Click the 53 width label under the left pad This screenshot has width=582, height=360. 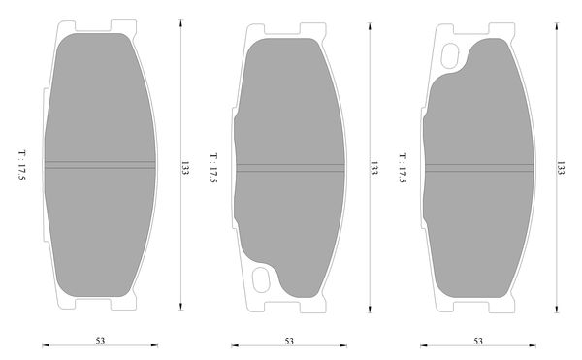point(100,341)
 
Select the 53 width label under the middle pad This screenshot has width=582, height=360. point(289,341)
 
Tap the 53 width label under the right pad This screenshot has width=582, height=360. point(478,341)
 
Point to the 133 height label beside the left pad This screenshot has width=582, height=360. point(185,168)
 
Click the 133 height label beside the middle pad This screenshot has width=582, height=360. point(373,168)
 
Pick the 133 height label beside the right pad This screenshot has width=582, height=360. point(561,168)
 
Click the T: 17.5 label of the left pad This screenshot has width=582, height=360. point(22,165)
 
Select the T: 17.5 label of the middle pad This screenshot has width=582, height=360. point(213,168)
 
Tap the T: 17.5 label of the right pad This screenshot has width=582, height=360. point(403,168)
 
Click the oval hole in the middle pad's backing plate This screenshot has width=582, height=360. point(261,279)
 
